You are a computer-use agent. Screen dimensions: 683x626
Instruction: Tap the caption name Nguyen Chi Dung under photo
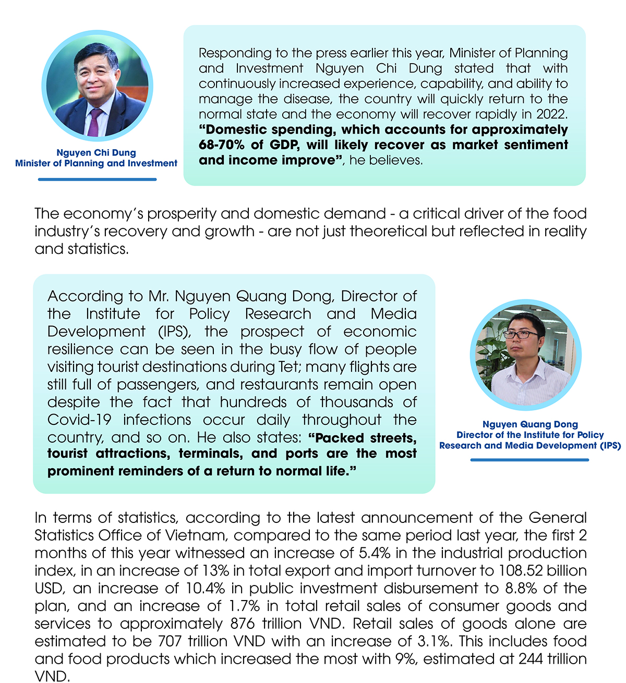[x=96, y=153]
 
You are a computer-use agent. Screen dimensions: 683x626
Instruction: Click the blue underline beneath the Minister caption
[x=97, y=179]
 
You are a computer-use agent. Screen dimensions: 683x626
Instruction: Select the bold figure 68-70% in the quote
[x=221, y=145]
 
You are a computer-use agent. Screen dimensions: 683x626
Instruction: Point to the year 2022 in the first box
[x=553, y=114]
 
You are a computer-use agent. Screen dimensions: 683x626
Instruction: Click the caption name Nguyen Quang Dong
[x=530, y=424]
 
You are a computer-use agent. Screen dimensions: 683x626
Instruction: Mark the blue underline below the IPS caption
[x=529, y=460]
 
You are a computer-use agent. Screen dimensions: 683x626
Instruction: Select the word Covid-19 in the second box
[x=79, y=420]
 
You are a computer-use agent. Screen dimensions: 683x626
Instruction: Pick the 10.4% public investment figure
[x=205, y=589]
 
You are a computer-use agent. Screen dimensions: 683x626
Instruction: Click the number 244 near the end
[x=531, y=660]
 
